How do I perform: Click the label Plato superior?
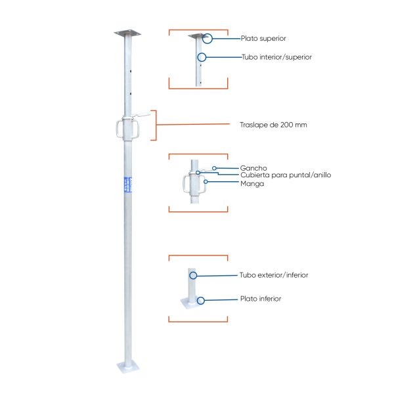point(263,39)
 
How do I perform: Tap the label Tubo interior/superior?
point(276,57)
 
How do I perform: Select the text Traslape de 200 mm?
point(273,125)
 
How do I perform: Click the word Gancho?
point(253,168)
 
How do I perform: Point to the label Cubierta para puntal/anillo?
point(286,175)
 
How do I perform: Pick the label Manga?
point(252,184)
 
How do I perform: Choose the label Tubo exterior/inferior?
point(274,275)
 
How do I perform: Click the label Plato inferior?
point(261,299)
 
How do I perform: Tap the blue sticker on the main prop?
point(128,185)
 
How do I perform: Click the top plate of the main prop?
point(127,33)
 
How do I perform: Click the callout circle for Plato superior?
point(208,39)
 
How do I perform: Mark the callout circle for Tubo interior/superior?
point(202,57)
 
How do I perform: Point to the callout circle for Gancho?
point(214,168)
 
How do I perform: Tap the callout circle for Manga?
point(206,182)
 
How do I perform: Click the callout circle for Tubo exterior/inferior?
point(193,275)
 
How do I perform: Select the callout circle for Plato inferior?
point(200,301)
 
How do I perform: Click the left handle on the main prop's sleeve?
point(117,129)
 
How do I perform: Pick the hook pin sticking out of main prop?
point(141,116)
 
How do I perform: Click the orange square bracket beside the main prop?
point(156,125)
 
